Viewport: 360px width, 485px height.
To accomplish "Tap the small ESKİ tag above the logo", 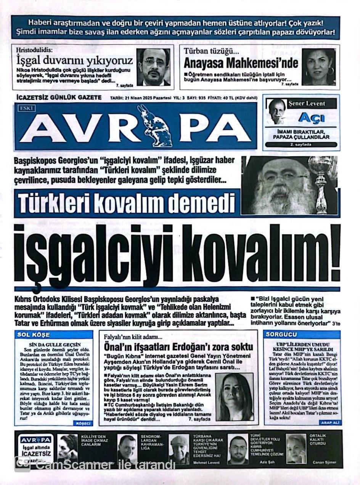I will point(27,108).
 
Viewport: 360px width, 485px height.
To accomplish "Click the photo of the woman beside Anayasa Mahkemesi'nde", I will point(319,67).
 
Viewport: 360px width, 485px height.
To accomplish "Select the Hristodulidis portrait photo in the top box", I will point(153,67).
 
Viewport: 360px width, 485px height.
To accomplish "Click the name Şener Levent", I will point(307,103).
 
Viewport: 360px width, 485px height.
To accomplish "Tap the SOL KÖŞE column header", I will point(34,335).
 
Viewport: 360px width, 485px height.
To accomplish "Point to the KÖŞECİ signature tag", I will point(83,423).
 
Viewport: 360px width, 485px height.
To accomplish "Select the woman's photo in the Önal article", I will point(235,396).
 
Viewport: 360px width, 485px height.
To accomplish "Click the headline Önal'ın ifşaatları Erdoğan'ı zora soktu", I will point(178,347).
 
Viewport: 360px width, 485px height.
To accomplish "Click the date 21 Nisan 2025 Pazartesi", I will point(144,98).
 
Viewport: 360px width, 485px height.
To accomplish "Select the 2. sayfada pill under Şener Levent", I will point(301,145).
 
